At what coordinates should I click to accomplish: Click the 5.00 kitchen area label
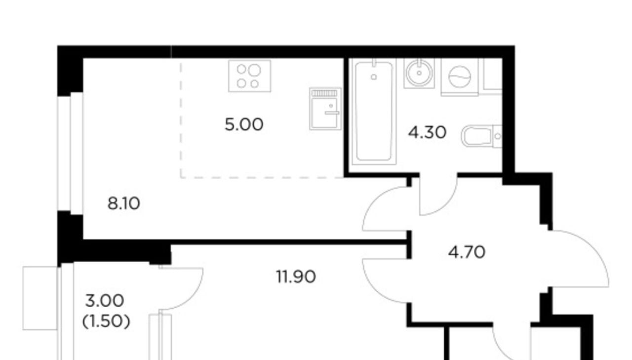click(244, 125)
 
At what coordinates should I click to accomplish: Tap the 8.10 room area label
click(123, 203)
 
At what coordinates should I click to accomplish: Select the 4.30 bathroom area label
click(427, 133)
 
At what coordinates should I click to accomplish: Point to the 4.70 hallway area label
click(467, 252)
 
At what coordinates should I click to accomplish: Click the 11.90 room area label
click(296, 277)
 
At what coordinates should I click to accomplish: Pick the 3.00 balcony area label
click(104, 301)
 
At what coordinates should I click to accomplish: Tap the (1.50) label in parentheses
click(106, 321)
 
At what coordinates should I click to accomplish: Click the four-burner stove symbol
click(249, 76)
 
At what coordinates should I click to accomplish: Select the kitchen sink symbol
click(325, 109)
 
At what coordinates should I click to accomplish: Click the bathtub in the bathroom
click(374, 112)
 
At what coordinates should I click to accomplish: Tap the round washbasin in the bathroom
click(419, 74)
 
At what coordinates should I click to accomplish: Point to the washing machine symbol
click(459, 77)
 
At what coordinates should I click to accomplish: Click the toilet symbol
click(481, 136)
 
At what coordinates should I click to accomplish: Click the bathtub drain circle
click(374, 77)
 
